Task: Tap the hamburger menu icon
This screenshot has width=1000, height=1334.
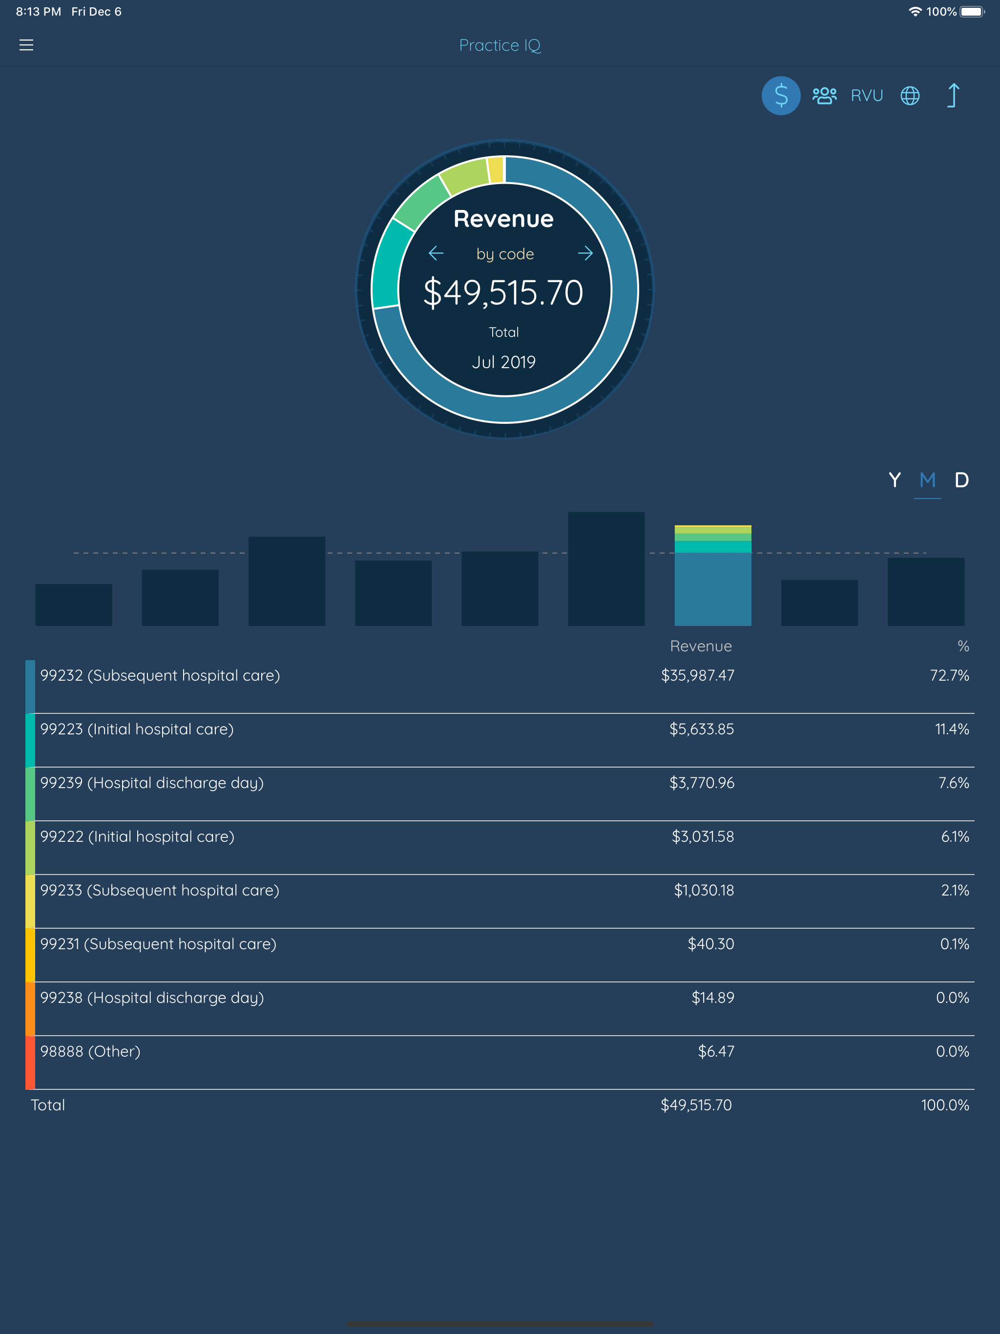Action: point(26,45)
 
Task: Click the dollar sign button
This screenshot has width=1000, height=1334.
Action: point(781,95)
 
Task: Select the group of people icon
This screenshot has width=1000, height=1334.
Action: point(825,95)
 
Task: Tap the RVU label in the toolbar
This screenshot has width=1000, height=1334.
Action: point(867,95)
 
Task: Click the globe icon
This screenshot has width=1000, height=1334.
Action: point(910,95)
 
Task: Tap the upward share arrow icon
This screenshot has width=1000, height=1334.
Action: point(953,95)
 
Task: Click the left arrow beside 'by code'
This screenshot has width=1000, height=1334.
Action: point(436,253)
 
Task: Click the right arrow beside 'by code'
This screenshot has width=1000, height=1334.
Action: point(585,253)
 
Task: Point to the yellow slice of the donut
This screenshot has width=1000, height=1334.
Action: point(496,169)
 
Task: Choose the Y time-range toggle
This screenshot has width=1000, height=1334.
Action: point(895,480)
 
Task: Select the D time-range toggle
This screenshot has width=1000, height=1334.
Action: point(961,480)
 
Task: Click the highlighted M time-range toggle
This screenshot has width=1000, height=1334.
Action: point(928,480)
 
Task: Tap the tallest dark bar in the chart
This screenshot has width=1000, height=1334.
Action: point(606,569)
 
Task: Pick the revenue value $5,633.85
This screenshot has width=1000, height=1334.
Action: point(702,729)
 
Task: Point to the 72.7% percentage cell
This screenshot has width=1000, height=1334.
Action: point(949,675)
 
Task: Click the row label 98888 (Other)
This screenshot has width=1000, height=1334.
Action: point(90,1052)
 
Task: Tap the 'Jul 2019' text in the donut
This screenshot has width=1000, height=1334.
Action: point(503,362)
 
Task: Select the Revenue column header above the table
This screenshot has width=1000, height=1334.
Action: point(701,646)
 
